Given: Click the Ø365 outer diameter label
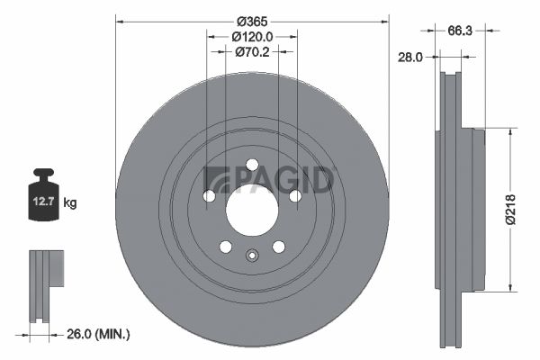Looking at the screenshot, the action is tap(252, 22).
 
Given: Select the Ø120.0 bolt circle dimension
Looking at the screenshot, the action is tap(252, 37).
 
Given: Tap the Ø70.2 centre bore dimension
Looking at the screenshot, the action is tap(252, 52).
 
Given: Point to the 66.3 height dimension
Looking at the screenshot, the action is tap(460, 31).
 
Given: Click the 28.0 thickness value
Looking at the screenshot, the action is tap(409, 58).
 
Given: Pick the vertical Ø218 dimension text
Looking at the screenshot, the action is tap(511, 210).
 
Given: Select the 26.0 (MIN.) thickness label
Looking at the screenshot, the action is tap(98, 334).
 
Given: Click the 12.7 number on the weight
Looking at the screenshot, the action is tap(43, 202).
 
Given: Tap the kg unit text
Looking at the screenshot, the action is tap(70, 202).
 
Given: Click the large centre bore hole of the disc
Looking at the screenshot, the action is tap(252, 210).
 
